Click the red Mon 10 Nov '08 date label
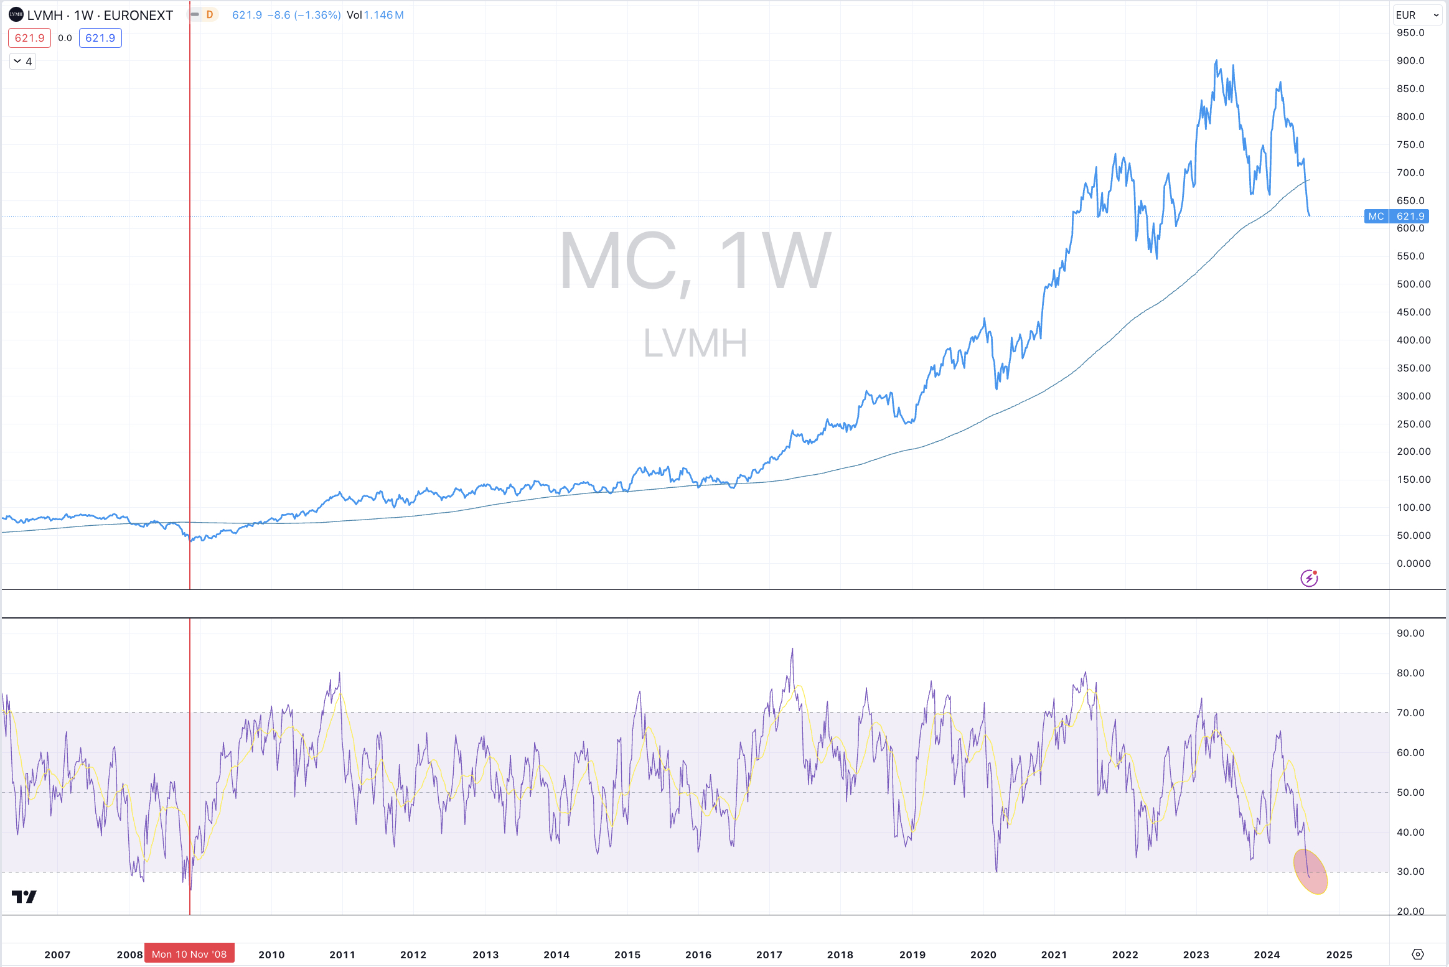(x=189, y=954)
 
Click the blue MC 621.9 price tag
(x=1396, y=216)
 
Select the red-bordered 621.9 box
(x=29, y=38)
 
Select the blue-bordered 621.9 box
(x=100, y=38)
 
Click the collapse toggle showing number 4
(x=23, y=61)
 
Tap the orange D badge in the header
(x=210, y=14)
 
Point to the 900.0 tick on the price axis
(x=1410, y=60)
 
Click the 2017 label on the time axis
(x=769, y=955)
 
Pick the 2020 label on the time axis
(x=983, y=955)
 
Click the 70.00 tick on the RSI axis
(x=1410, y=712)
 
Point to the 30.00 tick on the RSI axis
(x=1410, y=871)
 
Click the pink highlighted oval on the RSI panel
(x=1310, y=871)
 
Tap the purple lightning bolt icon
(x=1309, y=578)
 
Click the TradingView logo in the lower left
(x=24, y=896)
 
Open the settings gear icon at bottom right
(x=1418, y=954)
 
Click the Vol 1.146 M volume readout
(x=375, y=15)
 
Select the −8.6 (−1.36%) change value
(x=304, y=15)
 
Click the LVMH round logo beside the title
(x=16, y=14)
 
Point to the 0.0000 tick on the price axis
(x=1413, y=563)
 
